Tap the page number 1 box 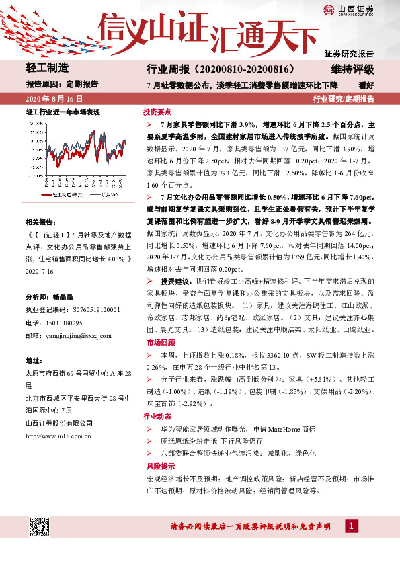pyautogui.click(x=350, y=525)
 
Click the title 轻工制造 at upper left pyautogui.click(x=48, y=68)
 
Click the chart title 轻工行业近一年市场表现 pyautogui.click(x=62, y=112)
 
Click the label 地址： pyautogui.click(x=34, y=360)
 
